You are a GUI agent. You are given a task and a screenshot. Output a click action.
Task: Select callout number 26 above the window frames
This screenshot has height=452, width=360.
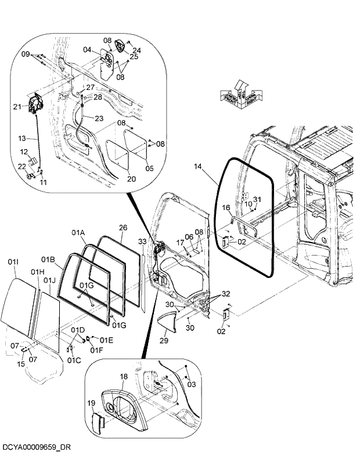point(123,228)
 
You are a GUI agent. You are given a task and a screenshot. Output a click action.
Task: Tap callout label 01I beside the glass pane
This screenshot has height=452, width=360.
point(13,263)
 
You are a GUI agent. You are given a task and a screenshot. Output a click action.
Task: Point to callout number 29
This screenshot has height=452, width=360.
point(164,341)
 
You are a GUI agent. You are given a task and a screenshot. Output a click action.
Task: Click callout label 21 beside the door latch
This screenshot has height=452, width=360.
point(17,106)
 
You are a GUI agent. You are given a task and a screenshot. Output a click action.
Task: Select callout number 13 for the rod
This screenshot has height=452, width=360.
point(23,139)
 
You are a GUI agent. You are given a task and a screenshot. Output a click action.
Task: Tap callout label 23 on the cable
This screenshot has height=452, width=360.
point(99,118)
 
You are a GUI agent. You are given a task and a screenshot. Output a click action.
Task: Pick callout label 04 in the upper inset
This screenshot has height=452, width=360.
point(87,50)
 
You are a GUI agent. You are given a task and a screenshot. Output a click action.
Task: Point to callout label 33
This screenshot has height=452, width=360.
point(143,241)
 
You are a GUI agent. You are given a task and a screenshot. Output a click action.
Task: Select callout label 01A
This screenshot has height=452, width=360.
point(78,233)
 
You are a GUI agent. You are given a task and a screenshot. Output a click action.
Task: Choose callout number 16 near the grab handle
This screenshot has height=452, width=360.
point(226,207)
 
